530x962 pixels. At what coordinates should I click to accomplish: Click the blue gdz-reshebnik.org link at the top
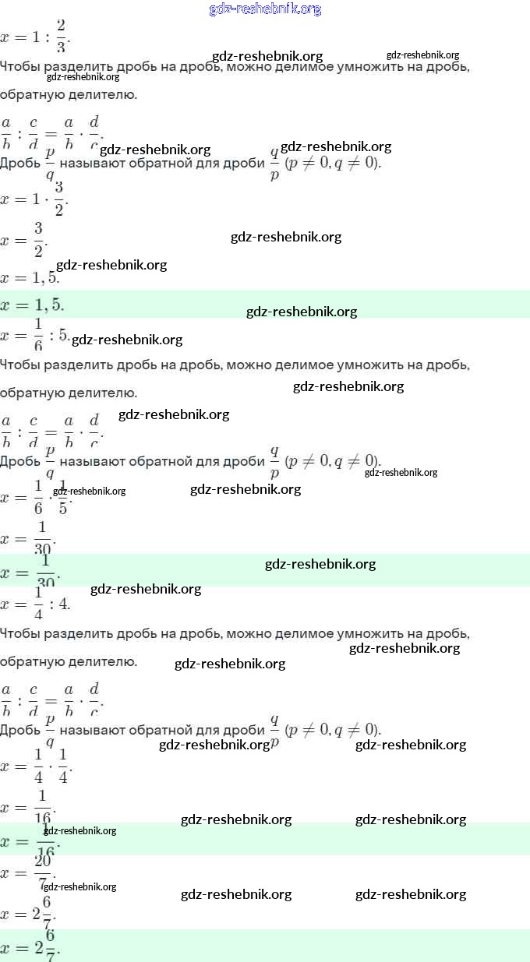(266, 9)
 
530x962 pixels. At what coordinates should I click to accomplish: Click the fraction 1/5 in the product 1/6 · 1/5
(63, 497)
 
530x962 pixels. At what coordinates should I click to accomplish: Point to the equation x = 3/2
(23, 241)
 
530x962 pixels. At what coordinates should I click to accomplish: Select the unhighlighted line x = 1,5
(30, 277)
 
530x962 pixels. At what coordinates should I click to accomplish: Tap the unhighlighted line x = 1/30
(28, 537)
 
